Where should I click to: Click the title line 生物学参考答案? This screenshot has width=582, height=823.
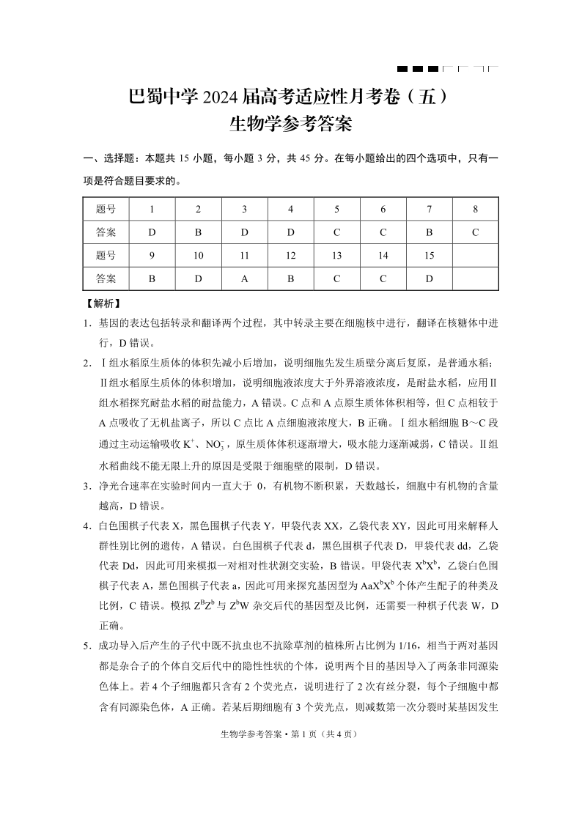291,125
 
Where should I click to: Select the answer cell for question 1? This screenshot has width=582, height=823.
152,232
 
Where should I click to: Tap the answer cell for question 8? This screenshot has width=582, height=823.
475,232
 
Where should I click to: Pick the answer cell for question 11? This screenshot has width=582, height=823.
245,278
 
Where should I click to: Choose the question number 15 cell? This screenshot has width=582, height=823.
430,256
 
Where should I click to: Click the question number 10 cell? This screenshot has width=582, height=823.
198,256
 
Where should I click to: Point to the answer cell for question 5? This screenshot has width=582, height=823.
336,232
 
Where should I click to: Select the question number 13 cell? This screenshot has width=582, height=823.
336,256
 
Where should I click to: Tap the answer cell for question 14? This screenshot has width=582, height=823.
383,278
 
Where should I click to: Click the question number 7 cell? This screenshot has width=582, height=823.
430,209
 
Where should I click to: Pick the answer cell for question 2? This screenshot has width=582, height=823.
198,232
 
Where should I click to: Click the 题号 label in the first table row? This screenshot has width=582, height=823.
106,209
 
